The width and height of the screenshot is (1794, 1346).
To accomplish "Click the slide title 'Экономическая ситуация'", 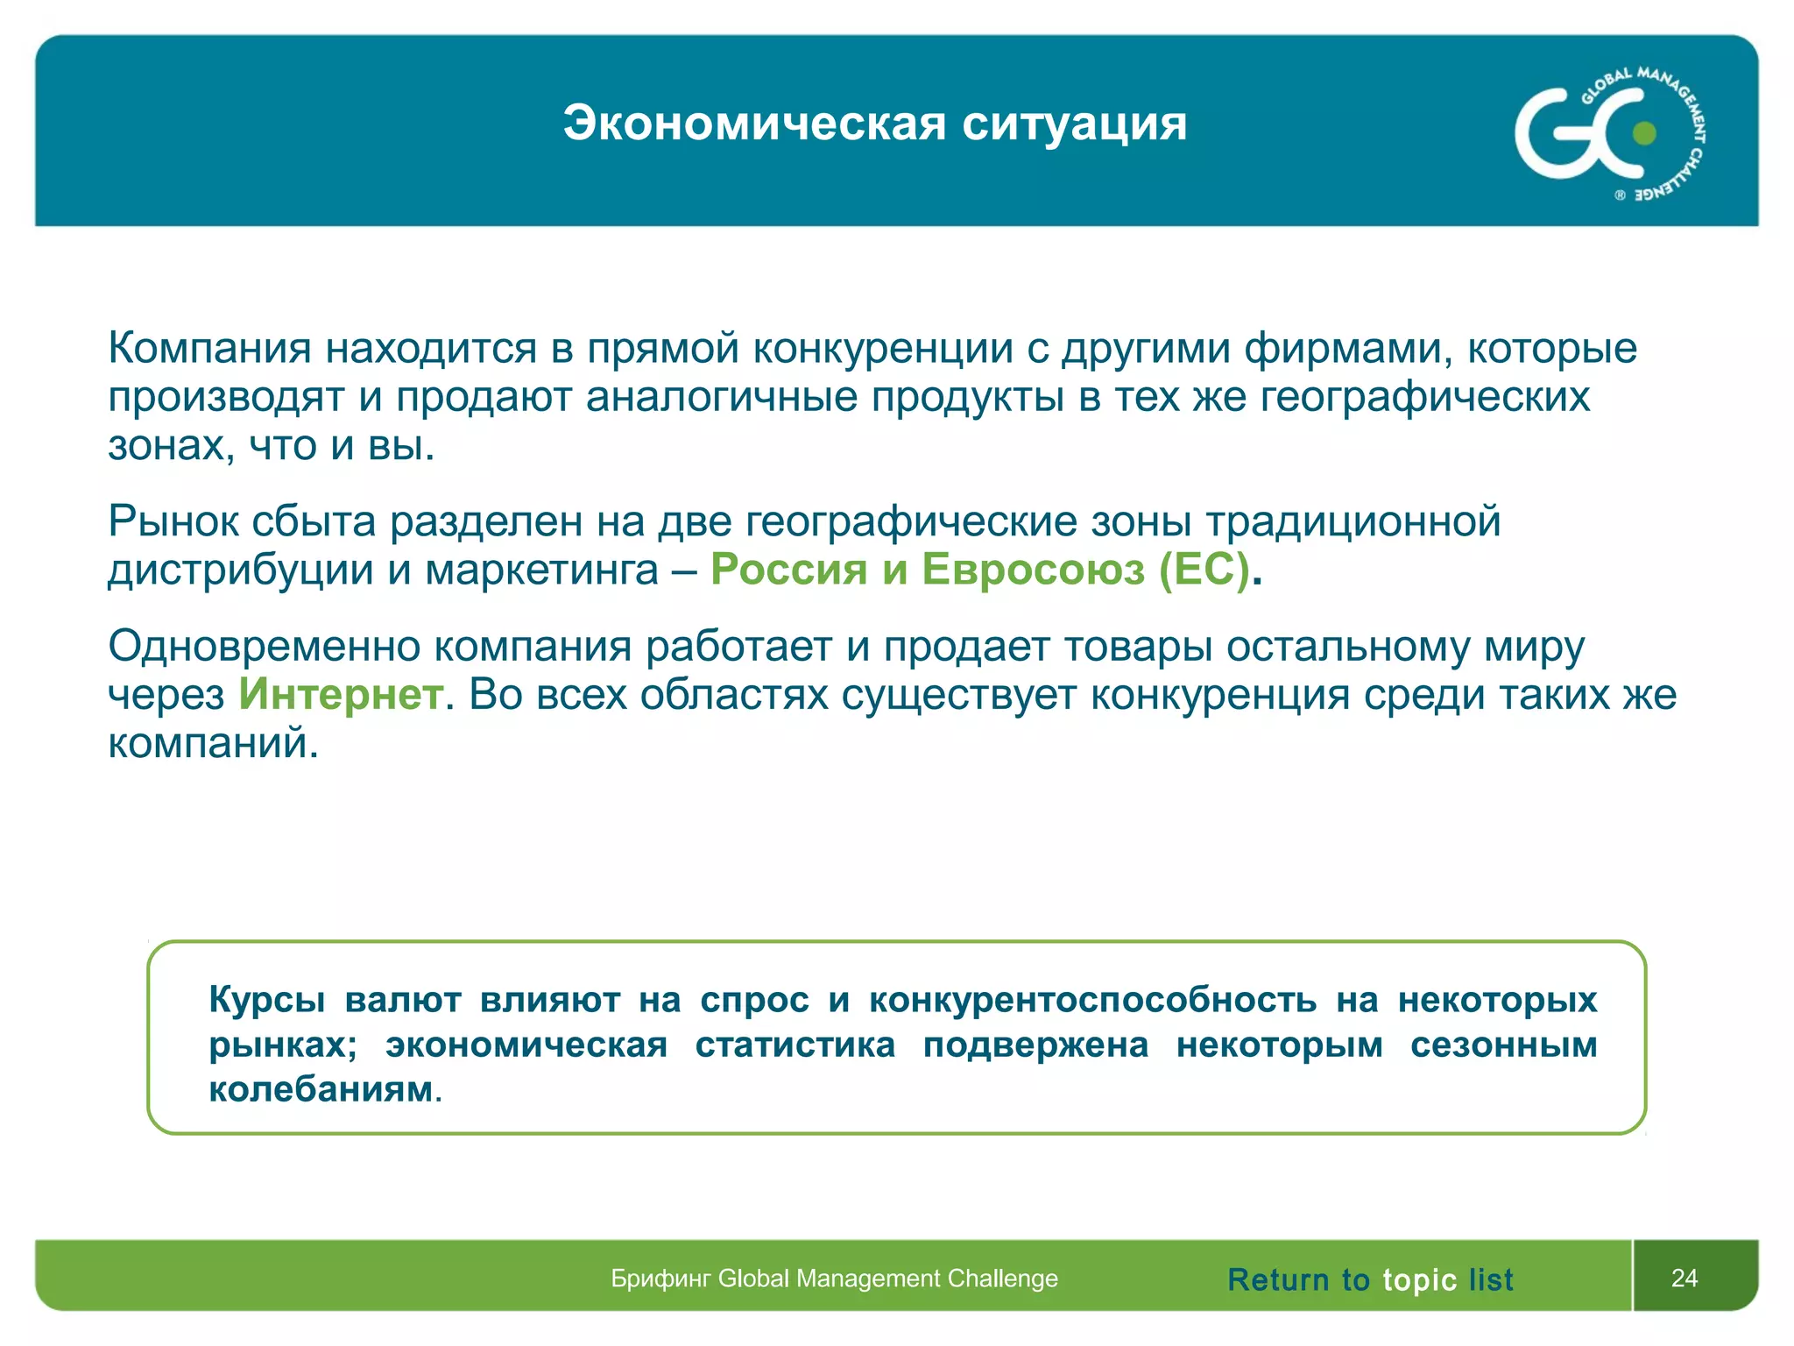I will tap(874, 124).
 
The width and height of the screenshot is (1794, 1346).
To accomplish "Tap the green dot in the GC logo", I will tap(1644, 133).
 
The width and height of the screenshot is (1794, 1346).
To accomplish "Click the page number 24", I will tap(1684, 1278).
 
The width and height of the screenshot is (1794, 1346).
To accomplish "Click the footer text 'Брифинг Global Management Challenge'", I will tap(834, 1279).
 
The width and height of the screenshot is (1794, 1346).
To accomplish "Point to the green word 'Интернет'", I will tap(341, 695).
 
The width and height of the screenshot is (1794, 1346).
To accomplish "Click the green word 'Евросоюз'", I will tap(1033, 570).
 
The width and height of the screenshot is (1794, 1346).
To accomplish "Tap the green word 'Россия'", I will tap(788, 570).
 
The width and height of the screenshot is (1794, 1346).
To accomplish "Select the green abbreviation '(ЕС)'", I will tap(1204, 570).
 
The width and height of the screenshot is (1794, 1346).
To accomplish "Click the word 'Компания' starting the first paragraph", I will tap(209, 348).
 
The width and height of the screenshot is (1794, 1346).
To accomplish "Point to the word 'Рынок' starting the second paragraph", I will tap(173, 521).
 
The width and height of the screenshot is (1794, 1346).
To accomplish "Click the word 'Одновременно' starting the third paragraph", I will tap(264, 647).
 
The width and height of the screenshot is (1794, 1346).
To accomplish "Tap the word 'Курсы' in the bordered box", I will tap(266, 1000).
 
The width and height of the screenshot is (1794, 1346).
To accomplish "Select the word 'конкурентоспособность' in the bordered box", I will tap(1092, 1000).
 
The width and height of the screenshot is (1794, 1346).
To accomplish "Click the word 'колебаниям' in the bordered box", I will tap(321, 1089).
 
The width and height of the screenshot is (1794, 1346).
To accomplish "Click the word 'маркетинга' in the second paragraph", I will tap(541, 570).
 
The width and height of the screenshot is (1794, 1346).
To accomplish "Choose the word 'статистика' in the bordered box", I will tap(795, 1045).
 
